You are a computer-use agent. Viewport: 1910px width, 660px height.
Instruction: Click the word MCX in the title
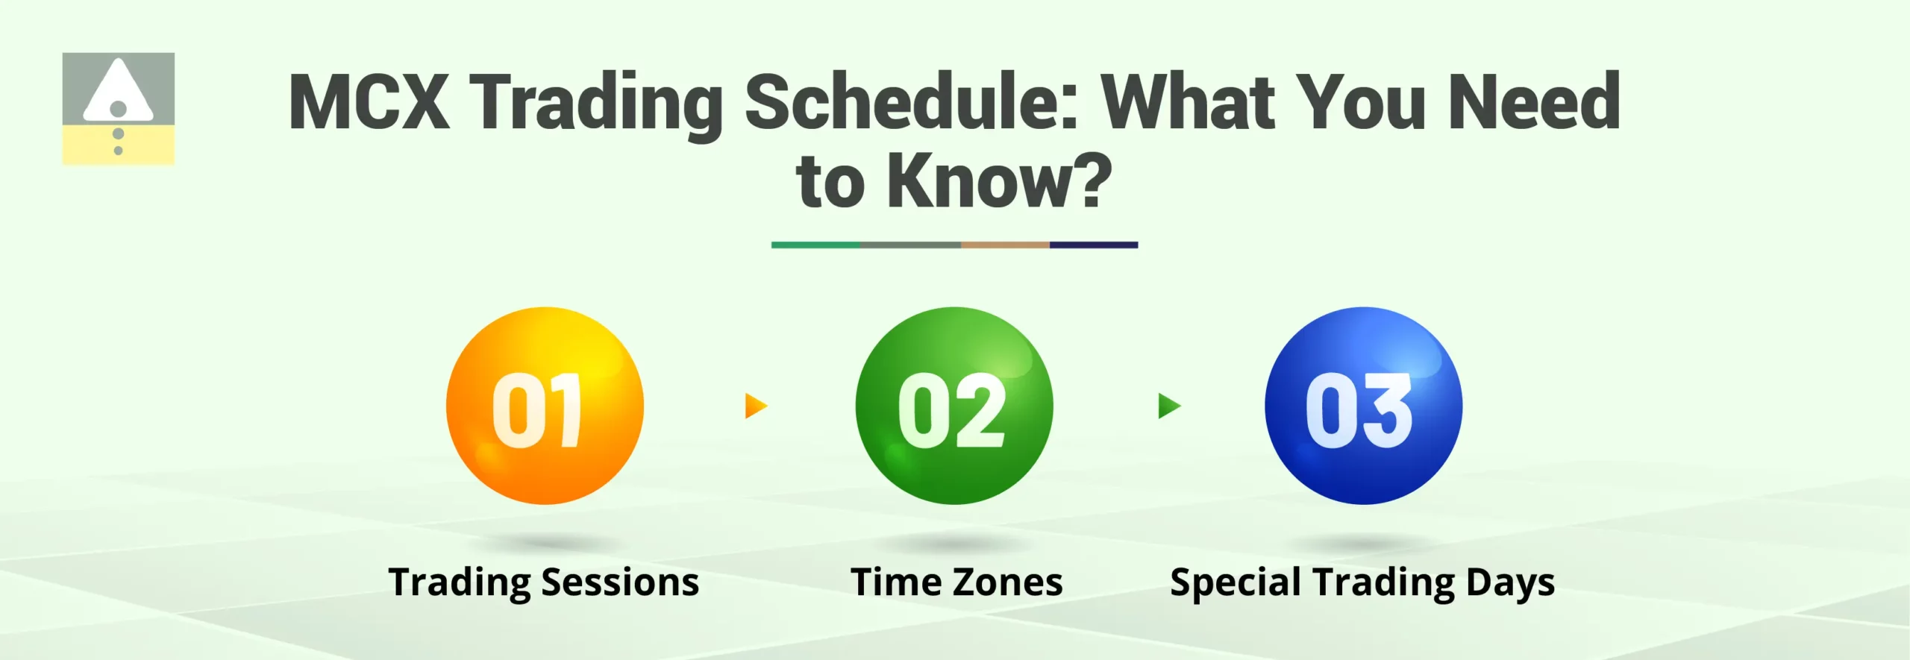point(369,102)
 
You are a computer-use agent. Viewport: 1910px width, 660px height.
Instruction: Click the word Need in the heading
point(1534,102)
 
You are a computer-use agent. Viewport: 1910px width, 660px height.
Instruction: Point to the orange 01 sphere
point(545,406)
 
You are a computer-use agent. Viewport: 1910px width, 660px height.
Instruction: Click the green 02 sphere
point(954,406)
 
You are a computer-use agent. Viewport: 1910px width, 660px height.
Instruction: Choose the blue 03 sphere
point(1363,406)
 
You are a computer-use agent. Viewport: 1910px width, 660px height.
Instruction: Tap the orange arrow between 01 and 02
point(755,406)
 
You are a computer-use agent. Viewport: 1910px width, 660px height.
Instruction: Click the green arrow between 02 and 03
point(1168,406)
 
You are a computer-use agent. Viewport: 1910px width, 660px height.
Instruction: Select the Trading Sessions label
point(544,582)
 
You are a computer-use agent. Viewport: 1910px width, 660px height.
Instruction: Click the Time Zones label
point(956,582)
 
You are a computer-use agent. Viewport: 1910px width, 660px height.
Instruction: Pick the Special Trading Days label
point(1362,582)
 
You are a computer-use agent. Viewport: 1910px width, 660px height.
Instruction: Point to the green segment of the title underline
point(815,245)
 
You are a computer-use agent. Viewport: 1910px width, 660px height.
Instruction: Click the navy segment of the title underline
point(1094,245)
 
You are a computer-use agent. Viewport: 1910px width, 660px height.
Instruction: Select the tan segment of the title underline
point(1005,245)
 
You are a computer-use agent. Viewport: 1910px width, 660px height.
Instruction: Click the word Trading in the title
point(597,102)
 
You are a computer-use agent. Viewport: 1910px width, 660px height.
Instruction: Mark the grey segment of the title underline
point(910,245)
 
